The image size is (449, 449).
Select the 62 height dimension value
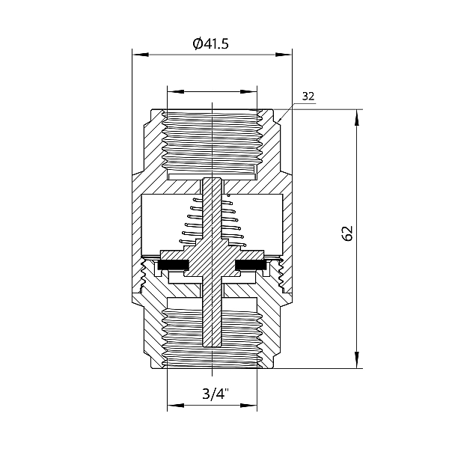pos(346,233)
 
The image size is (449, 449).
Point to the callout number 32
pos(308,97)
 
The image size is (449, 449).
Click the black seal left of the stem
pos(174,265)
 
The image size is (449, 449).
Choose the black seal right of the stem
pos(252,265)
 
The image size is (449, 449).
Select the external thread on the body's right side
pos(282,275)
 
